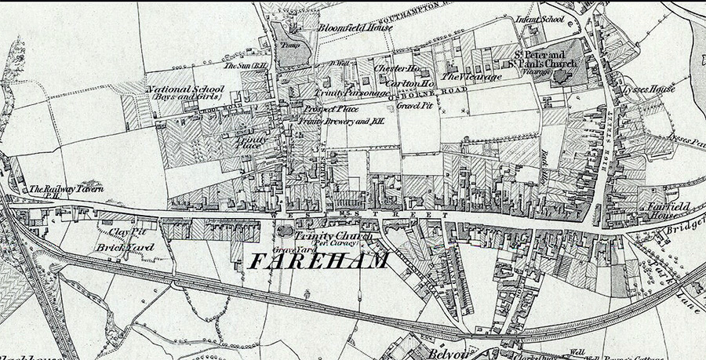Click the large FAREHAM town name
pos(318,261)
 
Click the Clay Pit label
pos(128,232)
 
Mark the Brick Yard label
pos(126,248)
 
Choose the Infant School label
pos(541,18)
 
